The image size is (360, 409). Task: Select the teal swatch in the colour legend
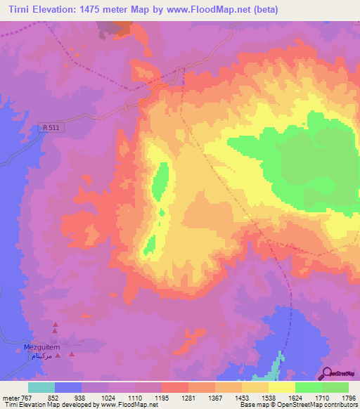pos(41,387)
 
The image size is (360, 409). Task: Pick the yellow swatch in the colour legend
pos(281,387)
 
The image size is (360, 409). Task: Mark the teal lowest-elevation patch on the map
pos(280,361)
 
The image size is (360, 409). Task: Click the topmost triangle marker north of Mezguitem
pos(55,324)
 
